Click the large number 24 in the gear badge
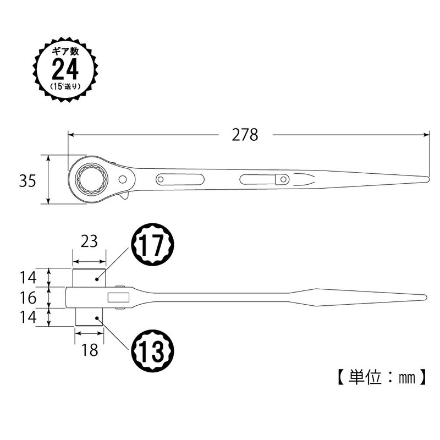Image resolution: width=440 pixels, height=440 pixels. [65, 70]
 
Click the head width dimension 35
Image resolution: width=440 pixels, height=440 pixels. [28, 180]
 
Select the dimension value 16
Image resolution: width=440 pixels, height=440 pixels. [28, 298]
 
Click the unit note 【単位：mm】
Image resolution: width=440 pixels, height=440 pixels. [380, 378]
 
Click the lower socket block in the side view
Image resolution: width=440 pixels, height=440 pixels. [88, 317]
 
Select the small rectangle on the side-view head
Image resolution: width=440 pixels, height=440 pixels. [118, 298]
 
